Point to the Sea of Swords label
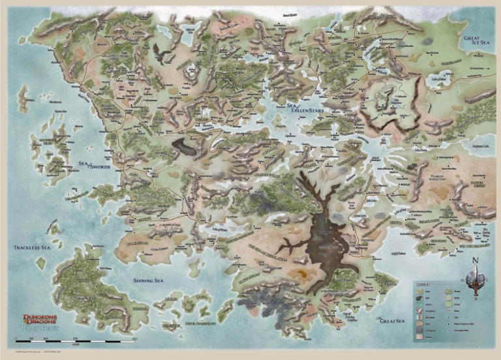91,168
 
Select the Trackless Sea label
32,248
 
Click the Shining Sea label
151,280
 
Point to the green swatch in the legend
448,305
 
